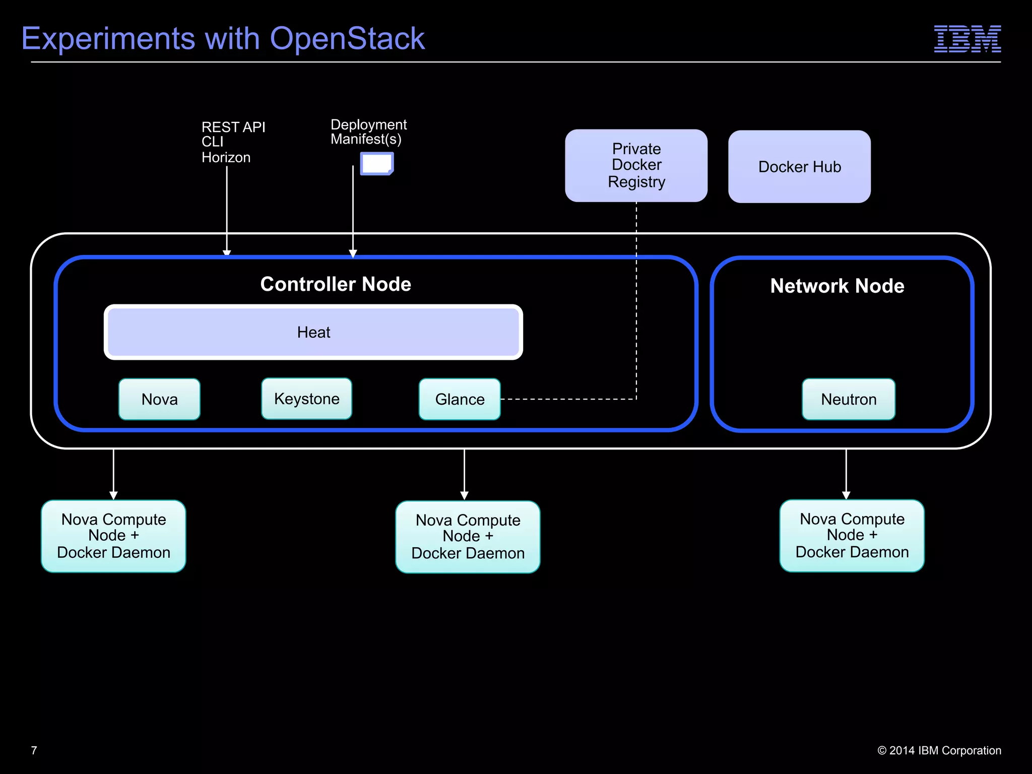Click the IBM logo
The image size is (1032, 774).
(967, 39)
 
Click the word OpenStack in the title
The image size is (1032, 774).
(347, 39)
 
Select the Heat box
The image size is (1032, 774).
(313, 332)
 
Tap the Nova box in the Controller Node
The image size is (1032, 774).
(159, 399)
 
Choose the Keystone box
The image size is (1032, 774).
(306, 399)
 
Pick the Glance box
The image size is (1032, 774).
(460, 399)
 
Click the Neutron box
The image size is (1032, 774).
(849, 399)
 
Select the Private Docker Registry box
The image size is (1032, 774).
(636, 165)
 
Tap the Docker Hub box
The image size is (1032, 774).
(799, 167)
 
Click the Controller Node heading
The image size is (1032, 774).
(336, 284)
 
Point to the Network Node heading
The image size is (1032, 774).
(837, 286)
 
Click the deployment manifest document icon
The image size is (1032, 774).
(377, 164)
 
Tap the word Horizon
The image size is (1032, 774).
(226, 158)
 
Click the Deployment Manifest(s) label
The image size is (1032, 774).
(368, 132)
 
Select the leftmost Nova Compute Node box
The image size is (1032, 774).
(113, 536)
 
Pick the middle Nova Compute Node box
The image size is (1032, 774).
(468, 537)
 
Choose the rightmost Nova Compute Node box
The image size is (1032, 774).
(852, 536)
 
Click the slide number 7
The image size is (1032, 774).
(34, 750)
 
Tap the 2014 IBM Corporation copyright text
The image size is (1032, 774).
(939, 750)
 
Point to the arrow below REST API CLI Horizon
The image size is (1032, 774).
(227, 212)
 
